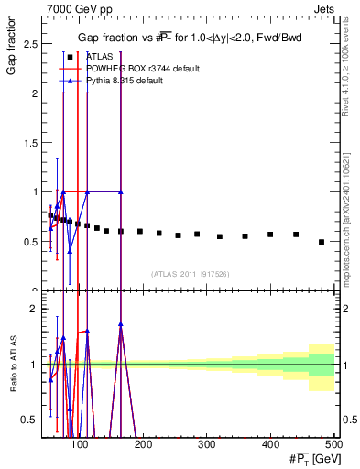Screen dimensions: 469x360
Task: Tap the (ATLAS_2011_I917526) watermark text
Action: tap(189, 274)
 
